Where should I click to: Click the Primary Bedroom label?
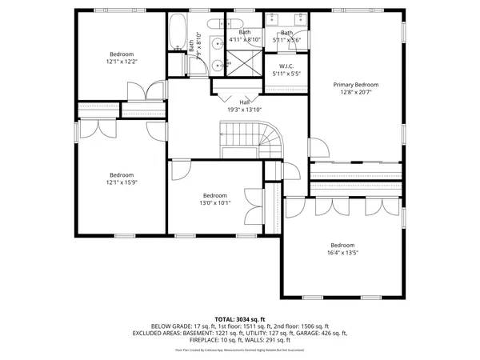[x=356, y=85]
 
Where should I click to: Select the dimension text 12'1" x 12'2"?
[x=122, y=62]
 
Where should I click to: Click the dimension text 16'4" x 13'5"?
[x=342, y=253]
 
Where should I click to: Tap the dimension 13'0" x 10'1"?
[x=214, y=203]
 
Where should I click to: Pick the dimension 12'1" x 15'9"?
[x=122, y=182]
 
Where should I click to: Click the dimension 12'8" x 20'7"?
[x=356, y=93]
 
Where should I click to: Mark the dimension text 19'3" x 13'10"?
[x=244, y=109]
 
